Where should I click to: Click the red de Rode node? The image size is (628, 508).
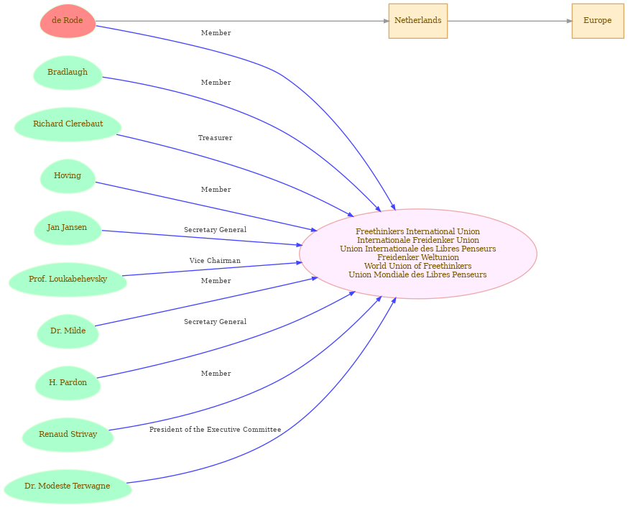(x=68, y=21)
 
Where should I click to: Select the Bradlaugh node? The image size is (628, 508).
(x=68, y=73)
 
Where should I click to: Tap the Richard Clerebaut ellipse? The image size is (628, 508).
(x=68, y=124)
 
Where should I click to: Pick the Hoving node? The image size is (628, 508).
(x=68, y=176)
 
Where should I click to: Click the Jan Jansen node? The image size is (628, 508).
(x=68, y=228)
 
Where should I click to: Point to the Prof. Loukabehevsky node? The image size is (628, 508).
(x=68, y=280)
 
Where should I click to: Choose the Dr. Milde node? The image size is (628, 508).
(x=68, y=331)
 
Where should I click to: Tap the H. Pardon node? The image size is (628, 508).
(x=68, y=382)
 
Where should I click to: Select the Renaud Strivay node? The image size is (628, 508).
(x=68, y=434)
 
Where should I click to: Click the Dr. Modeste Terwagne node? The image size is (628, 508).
(x=68, y=486)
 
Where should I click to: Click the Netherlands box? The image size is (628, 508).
(x=417, y=21)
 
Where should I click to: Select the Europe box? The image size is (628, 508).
(x=598, y=21)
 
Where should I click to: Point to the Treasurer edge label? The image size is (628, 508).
(x=215, y=138)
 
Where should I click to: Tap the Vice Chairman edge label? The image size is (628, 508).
(x=215, y=261)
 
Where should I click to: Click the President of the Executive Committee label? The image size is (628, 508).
(x=215, y=430)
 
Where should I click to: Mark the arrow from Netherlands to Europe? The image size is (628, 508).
(x=510, y=21)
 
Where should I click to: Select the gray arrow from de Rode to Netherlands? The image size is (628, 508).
(x=242, y=21)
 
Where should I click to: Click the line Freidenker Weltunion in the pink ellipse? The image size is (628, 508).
(x=417, y=257)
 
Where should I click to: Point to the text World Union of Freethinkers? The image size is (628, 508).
(x=417, y=266)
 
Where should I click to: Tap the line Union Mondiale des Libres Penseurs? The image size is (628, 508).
(x=417, y=274)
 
